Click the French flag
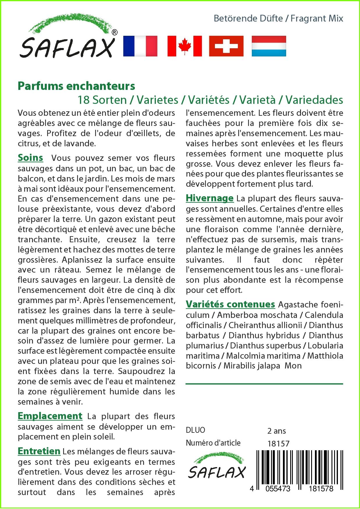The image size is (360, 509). [140, 46]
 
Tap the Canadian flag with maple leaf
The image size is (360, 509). [184, 46]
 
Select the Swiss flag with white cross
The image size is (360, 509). [226, 46]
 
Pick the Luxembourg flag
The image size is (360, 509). [269, 46]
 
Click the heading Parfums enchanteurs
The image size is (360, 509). [76, 86]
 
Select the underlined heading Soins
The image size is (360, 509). [31, 158]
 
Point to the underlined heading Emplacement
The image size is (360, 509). [50, 416]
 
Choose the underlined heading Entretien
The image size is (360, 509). [39, 451]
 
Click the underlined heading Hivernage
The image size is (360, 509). [210, 198]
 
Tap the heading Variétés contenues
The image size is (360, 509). [230, 304]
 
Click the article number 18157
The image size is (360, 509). [278, 444]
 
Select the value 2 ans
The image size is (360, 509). [277, 431]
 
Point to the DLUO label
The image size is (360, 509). [195, 430]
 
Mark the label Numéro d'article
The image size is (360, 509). [213, 443]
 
